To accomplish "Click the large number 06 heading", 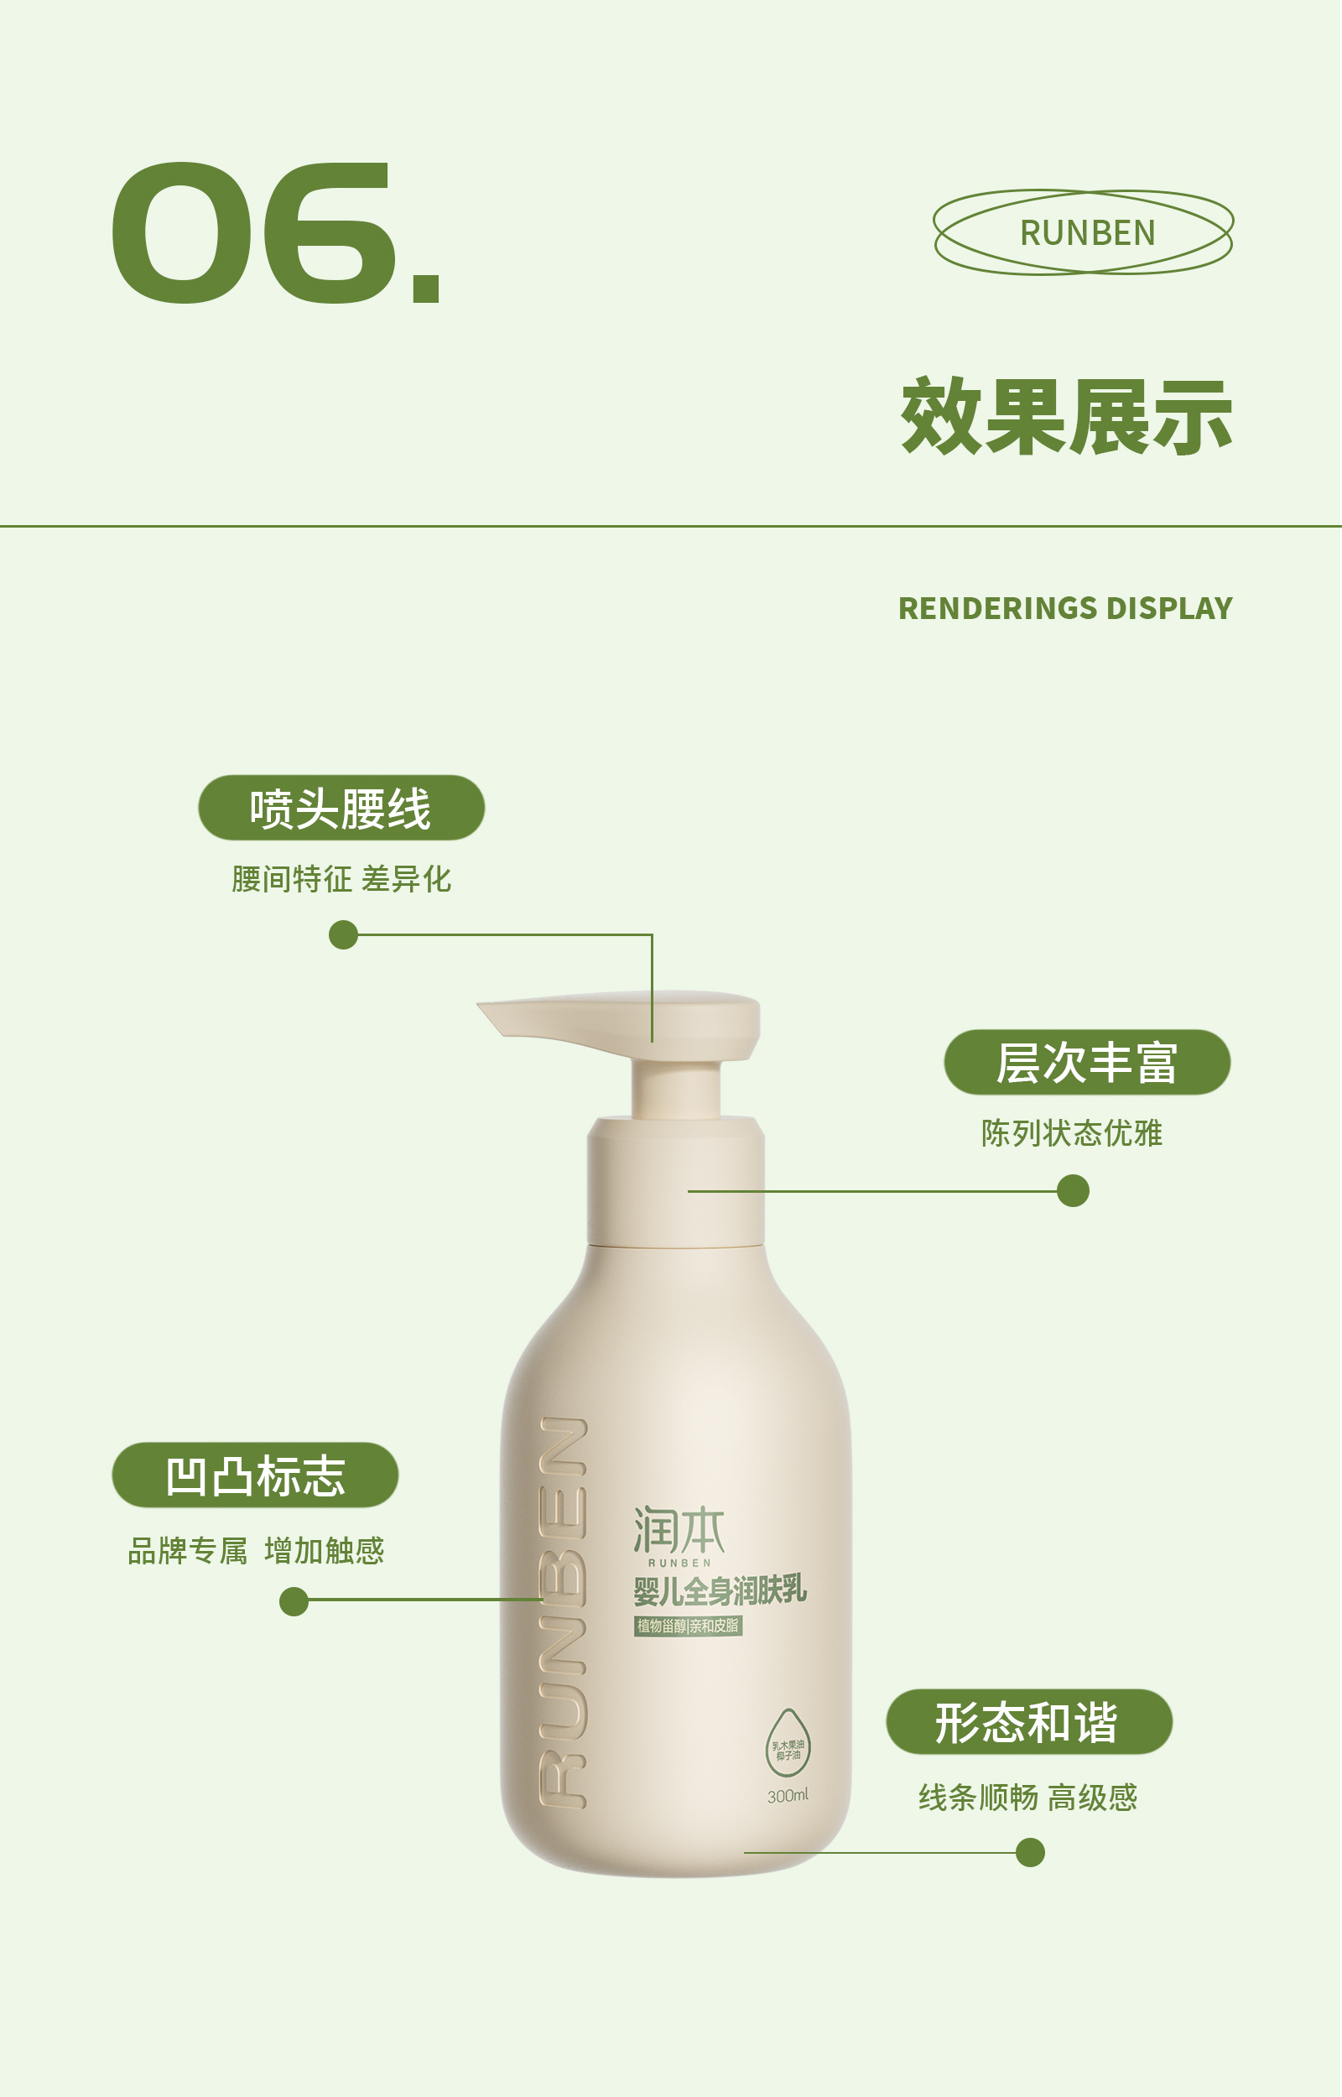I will click(x=274, y=232).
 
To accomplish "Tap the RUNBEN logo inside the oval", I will click(x=1087, y=232).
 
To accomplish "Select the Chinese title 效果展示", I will click(x=1066, y=418).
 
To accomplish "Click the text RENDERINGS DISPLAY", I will click(x=1065, y=608).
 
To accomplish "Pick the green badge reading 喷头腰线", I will click(x=341, y=808).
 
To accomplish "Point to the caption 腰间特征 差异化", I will click(x=341, y=879).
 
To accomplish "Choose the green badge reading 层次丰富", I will click(x=1087, y=1062).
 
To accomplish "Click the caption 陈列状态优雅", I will click(x=1071, y=1133).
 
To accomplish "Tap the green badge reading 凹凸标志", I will click(x=255, y=1475).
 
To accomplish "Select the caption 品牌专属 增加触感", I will click(x=255, y=1551).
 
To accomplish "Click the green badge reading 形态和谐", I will click(x=1028, y=1721).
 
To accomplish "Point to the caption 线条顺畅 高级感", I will click(x=1027, y=1798).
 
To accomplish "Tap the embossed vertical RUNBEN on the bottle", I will click(x=563, y=1611).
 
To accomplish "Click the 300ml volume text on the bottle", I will click(x=788, y=1796).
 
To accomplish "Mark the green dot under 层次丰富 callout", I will click(x=1073, y=1191).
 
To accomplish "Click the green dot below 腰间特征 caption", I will click(x=343, y=934).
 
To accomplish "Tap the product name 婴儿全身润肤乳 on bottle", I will click(x=720, y=1591).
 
